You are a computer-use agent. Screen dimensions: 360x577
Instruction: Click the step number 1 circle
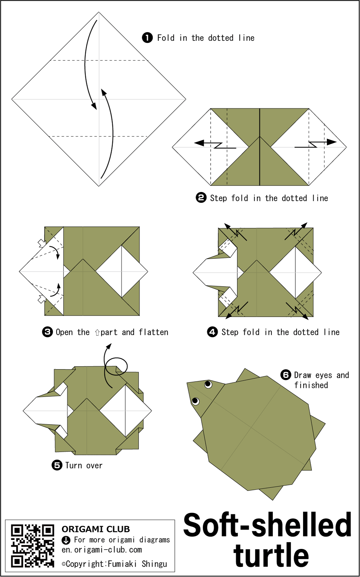[147, 38]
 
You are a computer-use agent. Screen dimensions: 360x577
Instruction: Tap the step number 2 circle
[201, 198]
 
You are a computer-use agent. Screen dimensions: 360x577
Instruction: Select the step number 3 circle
[48, 332]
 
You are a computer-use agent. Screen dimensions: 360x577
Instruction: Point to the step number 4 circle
[212, 332]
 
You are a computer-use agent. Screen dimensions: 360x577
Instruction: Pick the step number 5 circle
[57, 465]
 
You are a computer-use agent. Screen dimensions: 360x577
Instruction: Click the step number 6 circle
[286, 375]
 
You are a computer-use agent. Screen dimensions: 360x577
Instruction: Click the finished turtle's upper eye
[208, 384]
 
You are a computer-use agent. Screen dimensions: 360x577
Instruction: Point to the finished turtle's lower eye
[195, 401]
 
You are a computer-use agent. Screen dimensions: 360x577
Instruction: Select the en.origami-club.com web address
[102, 550]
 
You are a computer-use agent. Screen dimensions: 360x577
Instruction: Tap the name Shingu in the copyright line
[154, 564]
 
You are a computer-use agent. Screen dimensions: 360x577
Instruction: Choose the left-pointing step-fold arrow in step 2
[215, 145]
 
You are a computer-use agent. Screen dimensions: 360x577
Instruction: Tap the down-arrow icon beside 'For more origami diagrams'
[66, 540]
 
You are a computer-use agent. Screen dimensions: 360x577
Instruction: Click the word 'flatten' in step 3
[153, 332]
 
